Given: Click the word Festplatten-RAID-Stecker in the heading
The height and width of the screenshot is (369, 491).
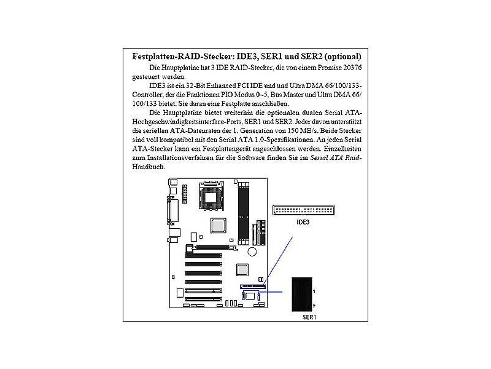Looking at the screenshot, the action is pyautogui.click(x=183, y=57).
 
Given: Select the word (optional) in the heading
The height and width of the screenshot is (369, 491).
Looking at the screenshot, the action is pyautogui.click(x=342, y=57).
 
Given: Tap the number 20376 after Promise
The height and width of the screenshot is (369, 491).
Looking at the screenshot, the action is pyautogui.click(x=352, y=68).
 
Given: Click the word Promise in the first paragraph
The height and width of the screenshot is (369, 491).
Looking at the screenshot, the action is pyautogui.click(x=330, y=68).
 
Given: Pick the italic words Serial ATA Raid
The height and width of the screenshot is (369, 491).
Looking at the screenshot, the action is pyautogui.click(x=334, y=157).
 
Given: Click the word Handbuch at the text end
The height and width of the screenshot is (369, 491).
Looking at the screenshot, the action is pyautogui.click(x=148, y=167).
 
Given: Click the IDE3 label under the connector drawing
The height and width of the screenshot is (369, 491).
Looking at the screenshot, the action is pyautogui.click(x=303, y=222).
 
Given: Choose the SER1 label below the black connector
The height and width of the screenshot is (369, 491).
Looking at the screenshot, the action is pyautogui.click(x=309, y=317).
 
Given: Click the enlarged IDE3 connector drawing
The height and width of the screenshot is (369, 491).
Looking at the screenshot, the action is pyautogui.click(x=303, y=210).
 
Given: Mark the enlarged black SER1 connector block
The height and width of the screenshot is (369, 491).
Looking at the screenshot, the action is pyautogui.click(x=302, y=295).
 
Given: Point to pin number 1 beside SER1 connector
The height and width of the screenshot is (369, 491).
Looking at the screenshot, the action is pyautogui.click(x=314, y=291).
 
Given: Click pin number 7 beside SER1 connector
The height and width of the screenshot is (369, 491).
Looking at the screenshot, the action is pyautogui.click(x=314, y=306).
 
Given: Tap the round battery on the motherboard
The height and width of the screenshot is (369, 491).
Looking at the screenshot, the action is pyautogui.click(x=252, y=252).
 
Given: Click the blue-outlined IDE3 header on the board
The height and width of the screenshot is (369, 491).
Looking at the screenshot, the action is pyautogui.click(x=253, y=287).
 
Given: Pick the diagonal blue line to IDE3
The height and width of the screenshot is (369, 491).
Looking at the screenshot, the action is pyautogui.click(x=278, y=260).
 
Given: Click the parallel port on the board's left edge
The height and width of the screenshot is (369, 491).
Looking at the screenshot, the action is pyautogui.click(x=172, y=211).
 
